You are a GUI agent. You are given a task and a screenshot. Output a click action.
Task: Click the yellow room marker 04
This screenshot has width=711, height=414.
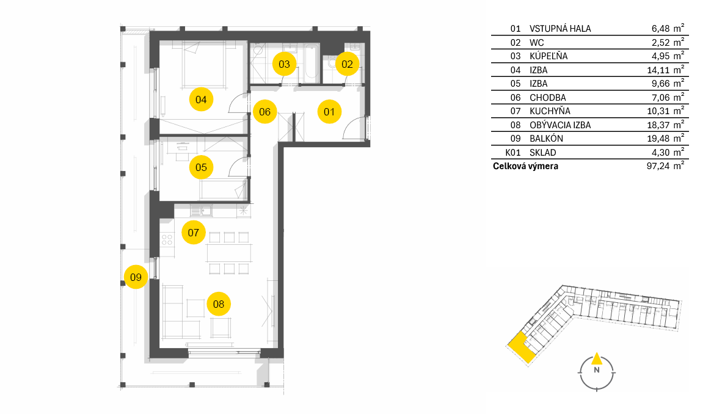click(x=201, y=99)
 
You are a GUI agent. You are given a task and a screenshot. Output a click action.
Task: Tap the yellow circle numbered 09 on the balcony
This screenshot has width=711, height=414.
click(x=136, y=277)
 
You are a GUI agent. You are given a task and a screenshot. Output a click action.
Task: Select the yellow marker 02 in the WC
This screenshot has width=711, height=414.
click(x=347, y=63)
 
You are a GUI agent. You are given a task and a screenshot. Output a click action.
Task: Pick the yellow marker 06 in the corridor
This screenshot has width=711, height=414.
click(x=264, y=112)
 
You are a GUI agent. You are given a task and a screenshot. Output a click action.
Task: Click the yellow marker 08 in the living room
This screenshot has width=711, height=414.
click(x=219, y=303)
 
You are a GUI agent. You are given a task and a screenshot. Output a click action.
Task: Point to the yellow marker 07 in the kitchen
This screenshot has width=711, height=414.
click(x=194, y=232)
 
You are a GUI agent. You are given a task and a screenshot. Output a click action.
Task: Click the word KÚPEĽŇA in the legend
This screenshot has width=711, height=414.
click(x=549, y=56)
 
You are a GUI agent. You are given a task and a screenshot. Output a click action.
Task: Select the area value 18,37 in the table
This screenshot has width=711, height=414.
click(x=660, y=125)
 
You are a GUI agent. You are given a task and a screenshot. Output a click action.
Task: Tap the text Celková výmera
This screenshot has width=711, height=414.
click(x=525, y=166)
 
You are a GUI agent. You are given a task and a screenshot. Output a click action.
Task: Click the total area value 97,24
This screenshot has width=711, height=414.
click(x=660, y=166)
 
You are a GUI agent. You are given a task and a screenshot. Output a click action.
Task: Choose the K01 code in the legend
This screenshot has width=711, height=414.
click(x=514, y=152)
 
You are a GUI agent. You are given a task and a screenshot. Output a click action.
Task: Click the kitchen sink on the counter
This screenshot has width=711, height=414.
click(x=200, y=211)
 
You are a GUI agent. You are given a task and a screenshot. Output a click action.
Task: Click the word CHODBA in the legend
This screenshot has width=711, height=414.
click(x=547, y=97)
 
